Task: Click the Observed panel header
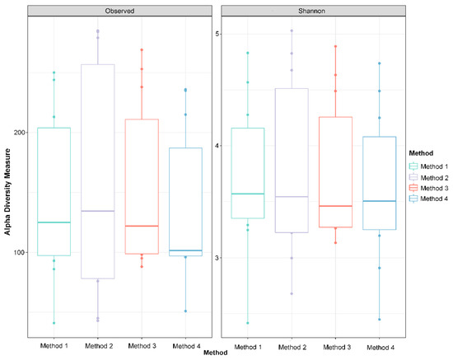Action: point(119,11)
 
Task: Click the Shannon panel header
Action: point(314,11)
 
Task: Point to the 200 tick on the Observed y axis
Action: point(20,133)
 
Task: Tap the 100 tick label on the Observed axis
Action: point(20,252)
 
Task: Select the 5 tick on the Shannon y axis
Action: point(217,34)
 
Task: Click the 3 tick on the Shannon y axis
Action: point(217,257)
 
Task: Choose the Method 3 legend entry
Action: point(429,188)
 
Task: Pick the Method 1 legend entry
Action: point(429,166)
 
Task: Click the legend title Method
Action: point(421,153)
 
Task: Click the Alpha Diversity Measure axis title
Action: point(7,192)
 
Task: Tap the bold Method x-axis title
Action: point(216,353)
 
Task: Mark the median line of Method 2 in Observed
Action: point(98,211)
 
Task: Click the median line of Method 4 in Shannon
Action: point(380,201)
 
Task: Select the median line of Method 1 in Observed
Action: point(54,222)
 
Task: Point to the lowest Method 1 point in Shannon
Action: point(248,323)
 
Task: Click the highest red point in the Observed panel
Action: point(142,50)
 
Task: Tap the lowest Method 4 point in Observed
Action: point(185,311)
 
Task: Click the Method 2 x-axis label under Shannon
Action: point(292,347)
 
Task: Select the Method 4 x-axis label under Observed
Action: point(186,346)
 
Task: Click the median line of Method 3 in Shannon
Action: point(335,206)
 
